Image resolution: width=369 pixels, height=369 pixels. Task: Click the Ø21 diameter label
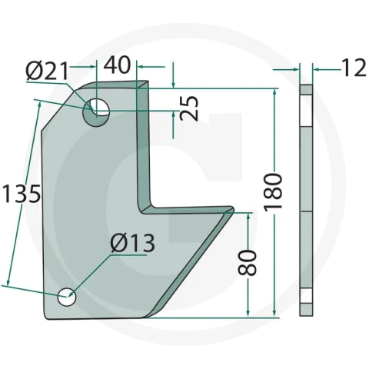pos(47,71)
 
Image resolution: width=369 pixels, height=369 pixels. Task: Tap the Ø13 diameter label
pos(132,243)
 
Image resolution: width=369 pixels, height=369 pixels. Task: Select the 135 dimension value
pos(21,193)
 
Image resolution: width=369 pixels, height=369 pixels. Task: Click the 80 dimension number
pos(248,263)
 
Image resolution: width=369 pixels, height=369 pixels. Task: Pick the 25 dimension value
pos(189,108)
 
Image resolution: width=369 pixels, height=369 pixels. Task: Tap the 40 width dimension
pos(118,65)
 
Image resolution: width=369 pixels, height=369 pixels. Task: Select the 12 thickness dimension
pos(354,68)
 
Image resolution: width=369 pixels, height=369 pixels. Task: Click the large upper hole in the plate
pos(96,112)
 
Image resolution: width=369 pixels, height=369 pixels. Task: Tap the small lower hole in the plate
pos(67,297)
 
